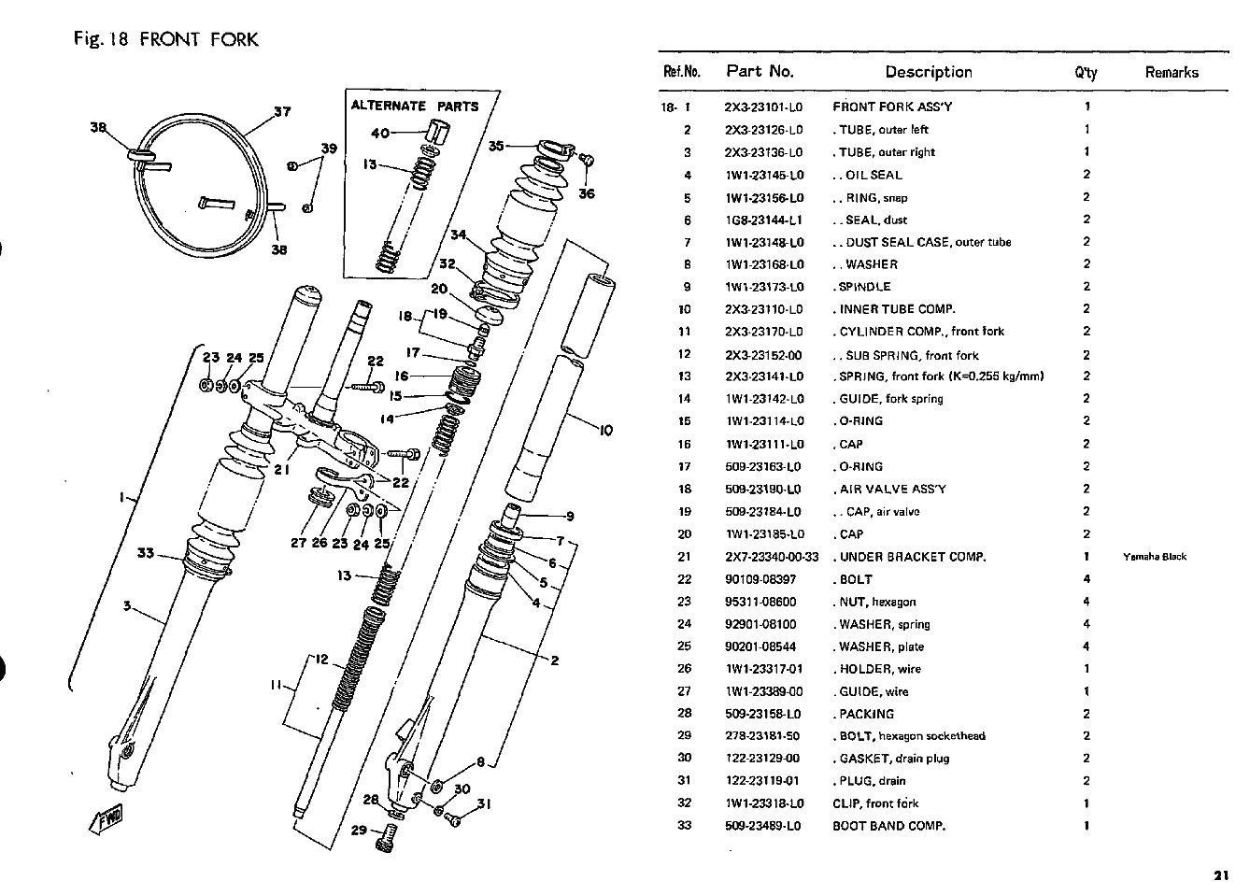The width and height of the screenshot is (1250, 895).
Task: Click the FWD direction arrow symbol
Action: click(106, 819)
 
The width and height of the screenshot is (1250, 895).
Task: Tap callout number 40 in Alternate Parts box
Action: click(380, 133)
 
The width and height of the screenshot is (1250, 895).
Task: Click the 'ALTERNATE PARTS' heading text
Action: click(415, 106)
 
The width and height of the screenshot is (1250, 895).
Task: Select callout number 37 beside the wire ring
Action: click(282, 111)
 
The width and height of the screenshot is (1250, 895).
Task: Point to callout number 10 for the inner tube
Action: click(606, 430)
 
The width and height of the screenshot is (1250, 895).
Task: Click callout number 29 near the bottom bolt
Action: click(359, 831)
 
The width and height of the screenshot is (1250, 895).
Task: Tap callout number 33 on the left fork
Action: click(146, 553)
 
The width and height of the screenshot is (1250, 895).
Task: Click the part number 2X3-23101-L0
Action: click(763, 107)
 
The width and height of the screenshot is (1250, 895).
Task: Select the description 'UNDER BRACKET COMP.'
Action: click(913, 557)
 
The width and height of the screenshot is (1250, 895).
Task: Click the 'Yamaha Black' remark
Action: click(1155, 556)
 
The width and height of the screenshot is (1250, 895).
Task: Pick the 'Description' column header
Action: click(929, 72)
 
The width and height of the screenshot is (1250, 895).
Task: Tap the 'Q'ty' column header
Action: click(1086, 73)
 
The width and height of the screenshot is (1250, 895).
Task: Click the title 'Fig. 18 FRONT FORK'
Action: click(166, 39)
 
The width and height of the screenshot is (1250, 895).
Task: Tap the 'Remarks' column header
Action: click(1172, 73)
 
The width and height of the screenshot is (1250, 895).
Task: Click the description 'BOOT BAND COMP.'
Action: click(889, 827)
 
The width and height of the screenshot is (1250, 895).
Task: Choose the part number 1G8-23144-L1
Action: click(764, 220)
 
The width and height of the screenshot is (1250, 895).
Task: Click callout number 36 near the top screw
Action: click(587, 193)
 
